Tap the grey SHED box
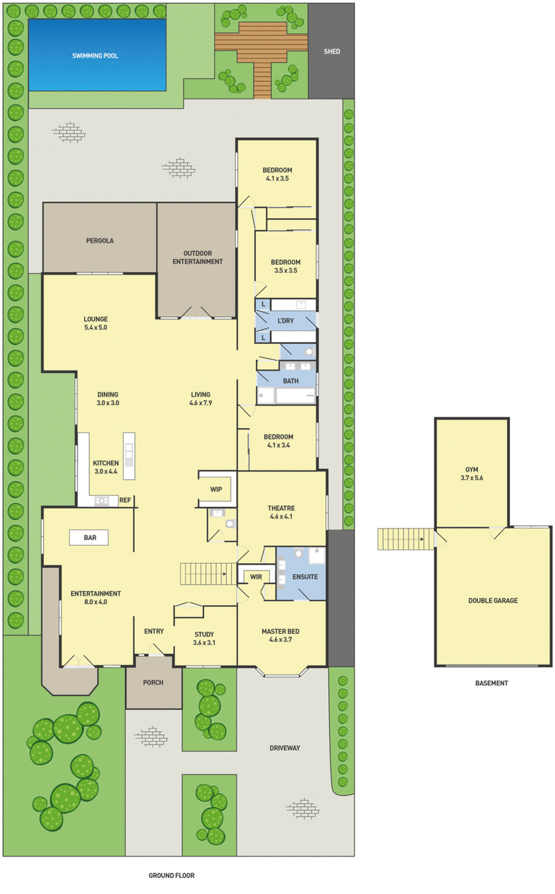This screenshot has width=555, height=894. [x=332, y=51]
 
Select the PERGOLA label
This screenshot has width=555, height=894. [x=100, y=241]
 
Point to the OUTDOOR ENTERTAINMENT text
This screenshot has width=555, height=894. [x=198, y=257]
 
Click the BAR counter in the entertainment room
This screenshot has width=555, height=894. [x=90, y=538]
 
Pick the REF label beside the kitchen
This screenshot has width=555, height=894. [x=125, y=499]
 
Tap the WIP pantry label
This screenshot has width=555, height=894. [x=216, y=489]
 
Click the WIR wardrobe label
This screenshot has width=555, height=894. [x=255, y=576]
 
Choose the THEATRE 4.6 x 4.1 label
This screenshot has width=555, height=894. [x=282, y=513]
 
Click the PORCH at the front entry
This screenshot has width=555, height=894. [x=153, y=682]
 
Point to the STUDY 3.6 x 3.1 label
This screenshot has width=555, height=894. [x=204, y=638]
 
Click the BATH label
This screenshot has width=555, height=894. [x=291, y=381]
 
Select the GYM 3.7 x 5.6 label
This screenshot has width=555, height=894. [x=472, y=474]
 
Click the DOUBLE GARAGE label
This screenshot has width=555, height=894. [x=493, y=601]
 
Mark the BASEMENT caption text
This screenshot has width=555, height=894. [x=491, y=683]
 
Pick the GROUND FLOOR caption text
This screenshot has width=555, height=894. [x=171, y=876]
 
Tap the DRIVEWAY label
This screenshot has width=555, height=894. [x=284, y=748]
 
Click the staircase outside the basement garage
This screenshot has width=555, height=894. [x=401, y=539]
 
